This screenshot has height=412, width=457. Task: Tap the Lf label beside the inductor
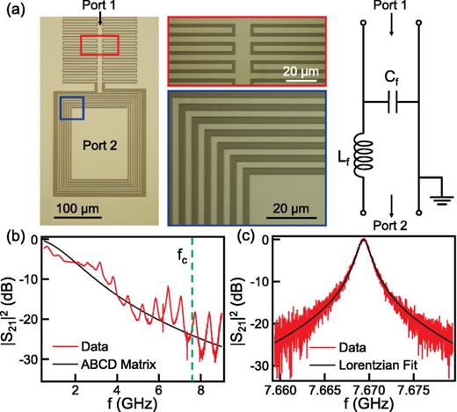(x=340, y=159)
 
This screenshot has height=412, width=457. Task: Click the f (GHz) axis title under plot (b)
(x=132, y=403)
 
